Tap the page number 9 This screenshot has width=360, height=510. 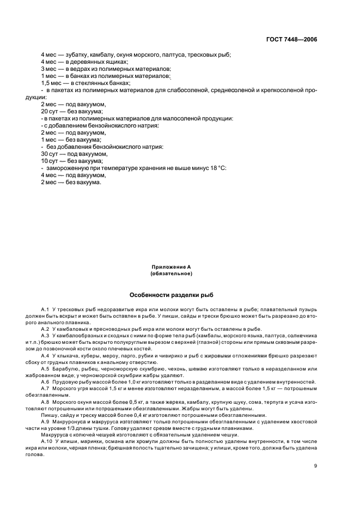316,466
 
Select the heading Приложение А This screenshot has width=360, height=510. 171,267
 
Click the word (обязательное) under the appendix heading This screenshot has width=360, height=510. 171,274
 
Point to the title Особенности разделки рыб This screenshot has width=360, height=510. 171,293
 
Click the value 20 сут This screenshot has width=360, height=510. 48,111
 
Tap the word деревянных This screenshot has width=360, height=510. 83,62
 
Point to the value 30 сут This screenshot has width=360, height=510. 48,154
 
